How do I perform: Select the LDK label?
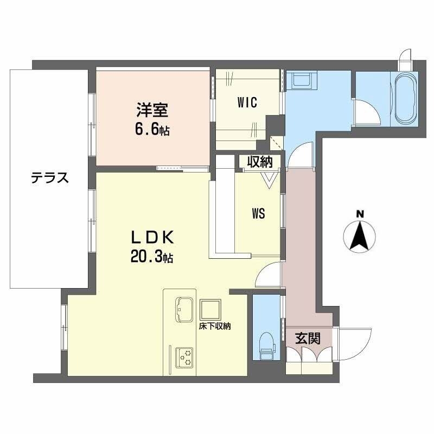(x=152, y=237)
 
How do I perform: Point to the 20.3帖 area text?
(x=151, y=258)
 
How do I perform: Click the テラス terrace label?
(x=49, y=177)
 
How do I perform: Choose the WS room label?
(x=258, y=213)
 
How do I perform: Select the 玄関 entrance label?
(x=307, y=339)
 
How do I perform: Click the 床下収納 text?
(x=215, y=326)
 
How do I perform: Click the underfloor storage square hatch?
(x=209, y=309)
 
